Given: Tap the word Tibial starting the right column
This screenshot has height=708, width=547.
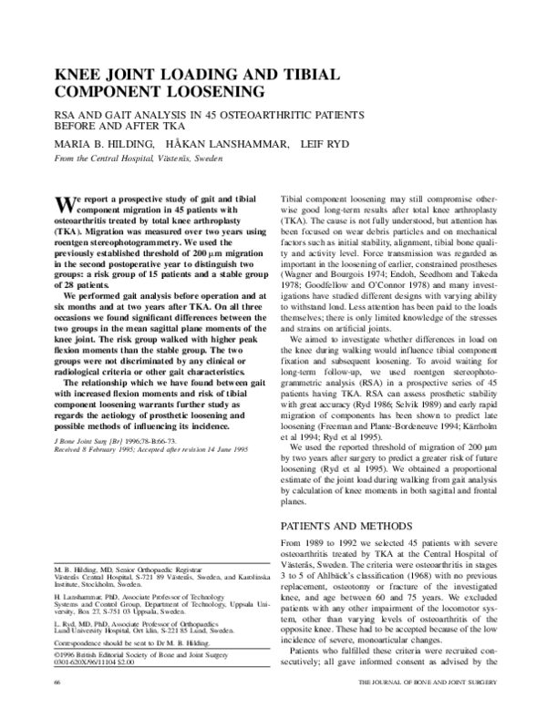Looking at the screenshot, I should (294, 196).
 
